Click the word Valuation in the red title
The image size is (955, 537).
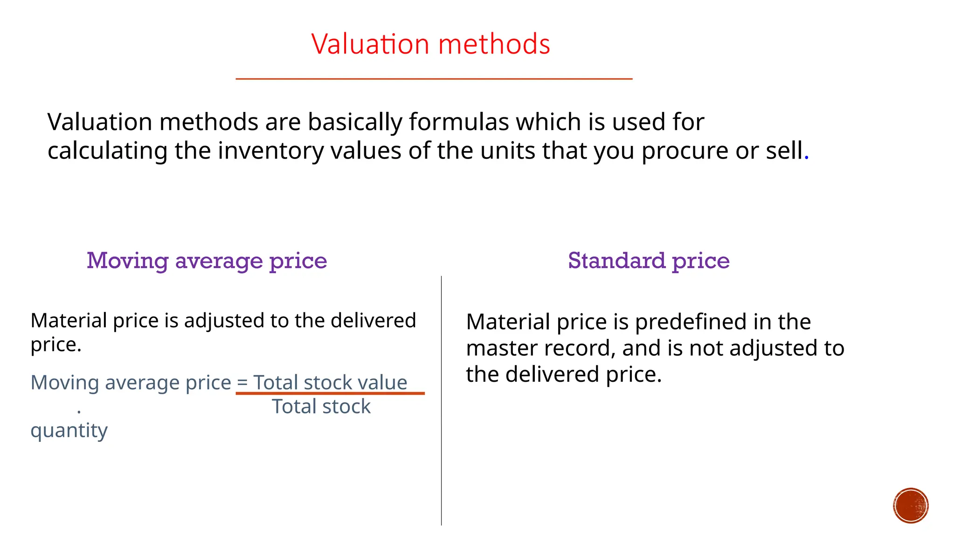[370, 44]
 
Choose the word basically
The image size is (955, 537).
[354, 123]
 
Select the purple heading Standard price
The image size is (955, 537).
[649, 261]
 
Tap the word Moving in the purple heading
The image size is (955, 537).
[127, 261]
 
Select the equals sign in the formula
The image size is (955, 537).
[242, 383]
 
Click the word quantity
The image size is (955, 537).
[69, 431]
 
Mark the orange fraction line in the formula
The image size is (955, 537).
[330, 393]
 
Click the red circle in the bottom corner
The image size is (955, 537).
[911, 506]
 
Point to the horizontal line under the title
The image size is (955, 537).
[434, 79]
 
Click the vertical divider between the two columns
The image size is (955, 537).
[441, 401]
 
